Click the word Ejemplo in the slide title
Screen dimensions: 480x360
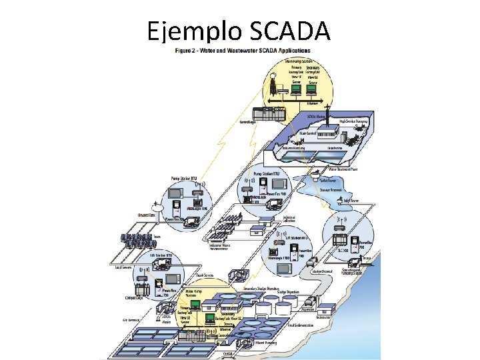pyautogui.click(x=195, y=32)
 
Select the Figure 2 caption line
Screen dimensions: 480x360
pyautogui.click(x=243, y=50)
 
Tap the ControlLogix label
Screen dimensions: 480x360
pyautogui.click(x=252, y=122)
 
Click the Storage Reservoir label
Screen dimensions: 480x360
pyautogui.click(x=333, y=189)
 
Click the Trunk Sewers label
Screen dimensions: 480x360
pyautogui.click(x=204, y=275)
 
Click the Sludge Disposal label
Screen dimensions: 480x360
pyautogui.click(x=323, y=272)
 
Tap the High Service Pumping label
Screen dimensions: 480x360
pyautogui.click(x=353, y=121)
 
